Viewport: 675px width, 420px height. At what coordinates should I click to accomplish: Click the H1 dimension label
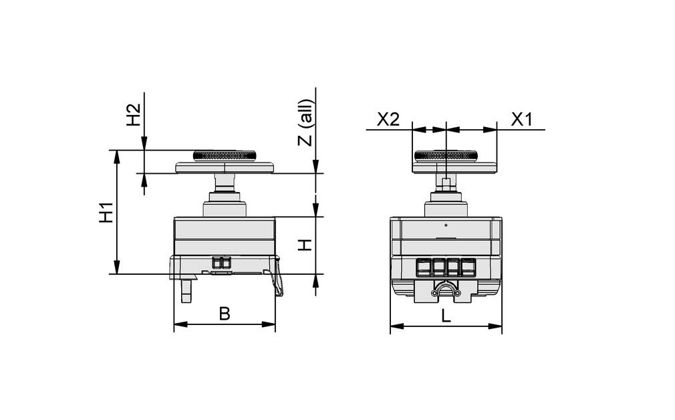coord(105,212)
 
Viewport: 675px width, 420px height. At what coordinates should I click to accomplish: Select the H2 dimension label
coord(134,115)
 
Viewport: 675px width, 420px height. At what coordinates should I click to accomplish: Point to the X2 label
coord(388,120)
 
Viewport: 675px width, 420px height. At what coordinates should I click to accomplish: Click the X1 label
coord(521,120)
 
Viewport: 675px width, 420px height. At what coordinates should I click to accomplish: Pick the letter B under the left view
coord(225,314)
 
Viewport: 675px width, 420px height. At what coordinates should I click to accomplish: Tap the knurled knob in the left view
coord(225,156)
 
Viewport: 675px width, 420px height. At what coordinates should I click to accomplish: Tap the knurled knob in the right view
coord(446,156)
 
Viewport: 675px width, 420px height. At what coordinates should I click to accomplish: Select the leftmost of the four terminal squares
coord(424,267)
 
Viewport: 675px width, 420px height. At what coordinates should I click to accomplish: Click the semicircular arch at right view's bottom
coord(446,290)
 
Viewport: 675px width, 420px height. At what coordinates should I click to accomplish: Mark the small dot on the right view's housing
coord(446,225)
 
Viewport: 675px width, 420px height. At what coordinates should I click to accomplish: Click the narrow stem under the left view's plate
coord(225,183)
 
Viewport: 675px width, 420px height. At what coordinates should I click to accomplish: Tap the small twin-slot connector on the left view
coord(221,263)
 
